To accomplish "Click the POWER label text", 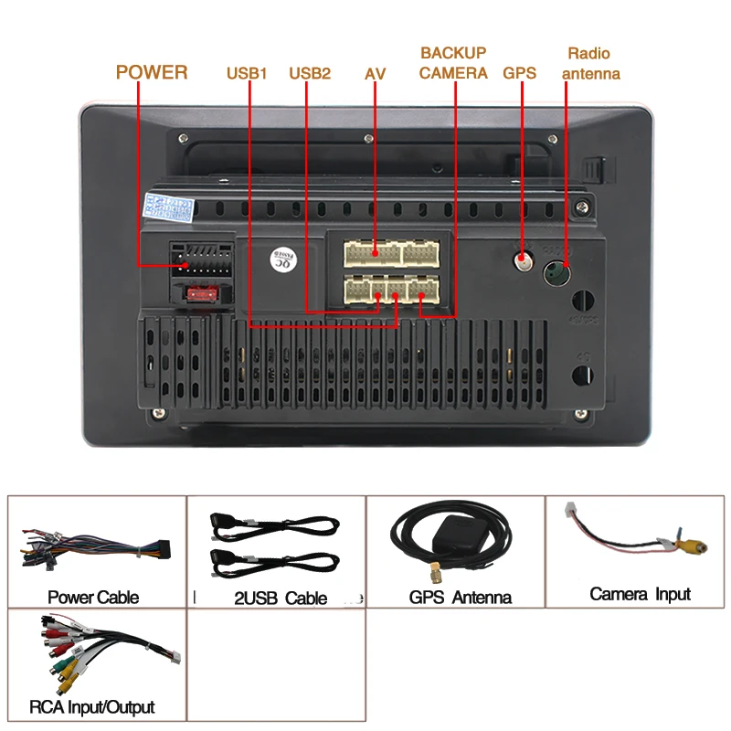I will point(152,72).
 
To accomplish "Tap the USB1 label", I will point(247,73).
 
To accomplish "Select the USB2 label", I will point(310,73).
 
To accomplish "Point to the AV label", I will point(375,73).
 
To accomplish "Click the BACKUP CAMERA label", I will point(453,63).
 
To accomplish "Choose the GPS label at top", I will point(519,73).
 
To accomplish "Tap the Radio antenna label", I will point(590,63).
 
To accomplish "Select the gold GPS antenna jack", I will point(524,260).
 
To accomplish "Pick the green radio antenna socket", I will point(557,272).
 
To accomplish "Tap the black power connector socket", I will point(198,260).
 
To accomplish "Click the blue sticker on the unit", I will point(170,207).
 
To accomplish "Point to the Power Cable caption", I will point(93,598).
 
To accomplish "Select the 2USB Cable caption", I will point(281,599).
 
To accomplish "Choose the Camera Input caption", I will point(640,594).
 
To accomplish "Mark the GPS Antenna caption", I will point(460,599).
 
